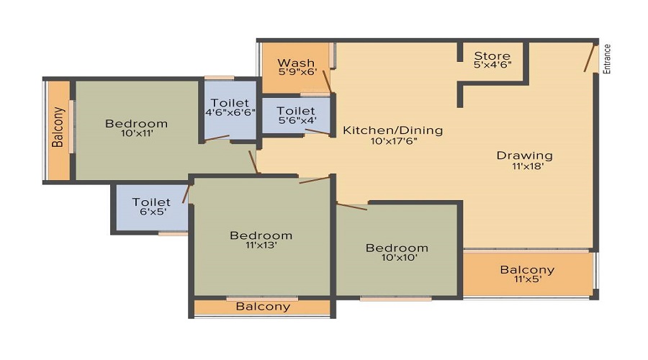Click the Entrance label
click(607, 59)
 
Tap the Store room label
click(492, 55)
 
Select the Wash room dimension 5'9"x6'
click(297, 71)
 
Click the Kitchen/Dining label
click(392, 130)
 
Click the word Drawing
click(524, 156)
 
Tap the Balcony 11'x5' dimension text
click(528, 279)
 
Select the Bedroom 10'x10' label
click(397, 248)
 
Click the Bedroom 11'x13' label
click(261, 235)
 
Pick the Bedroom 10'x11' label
click(136, 124)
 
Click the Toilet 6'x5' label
click(151, 202)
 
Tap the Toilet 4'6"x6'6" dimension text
click(230, 112)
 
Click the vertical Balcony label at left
click(58, 127)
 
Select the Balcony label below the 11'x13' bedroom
click(263, 306)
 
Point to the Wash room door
click(326, 81)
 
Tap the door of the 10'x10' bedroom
click(351, 206)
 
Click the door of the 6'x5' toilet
click(186, 194)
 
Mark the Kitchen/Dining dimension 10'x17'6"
click(394, 141)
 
